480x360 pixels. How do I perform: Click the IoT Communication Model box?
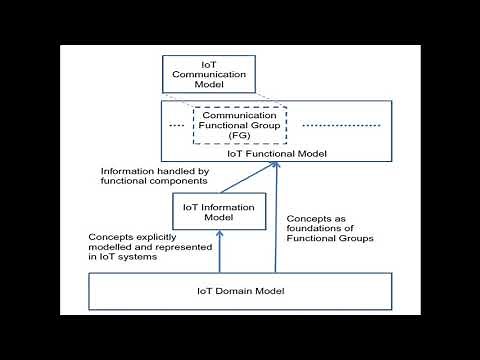pyautogui.click(x=209, y=73)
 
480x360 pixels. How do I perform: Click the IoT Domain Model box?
pyautogui.click(x=239, y=290)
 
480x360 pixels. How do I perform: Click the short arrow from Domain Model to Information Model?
pyautogui.click(x=219, y=251)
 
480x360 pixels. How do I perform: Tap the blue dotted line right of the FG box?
pyautogui.click(x=341, y=125)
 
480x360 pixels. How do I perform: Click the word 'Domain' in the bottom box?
pyautogui.click(x=237, y=290)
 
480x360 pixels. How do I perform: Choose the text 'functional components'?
pyautogui.click(x=144, y=181)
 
